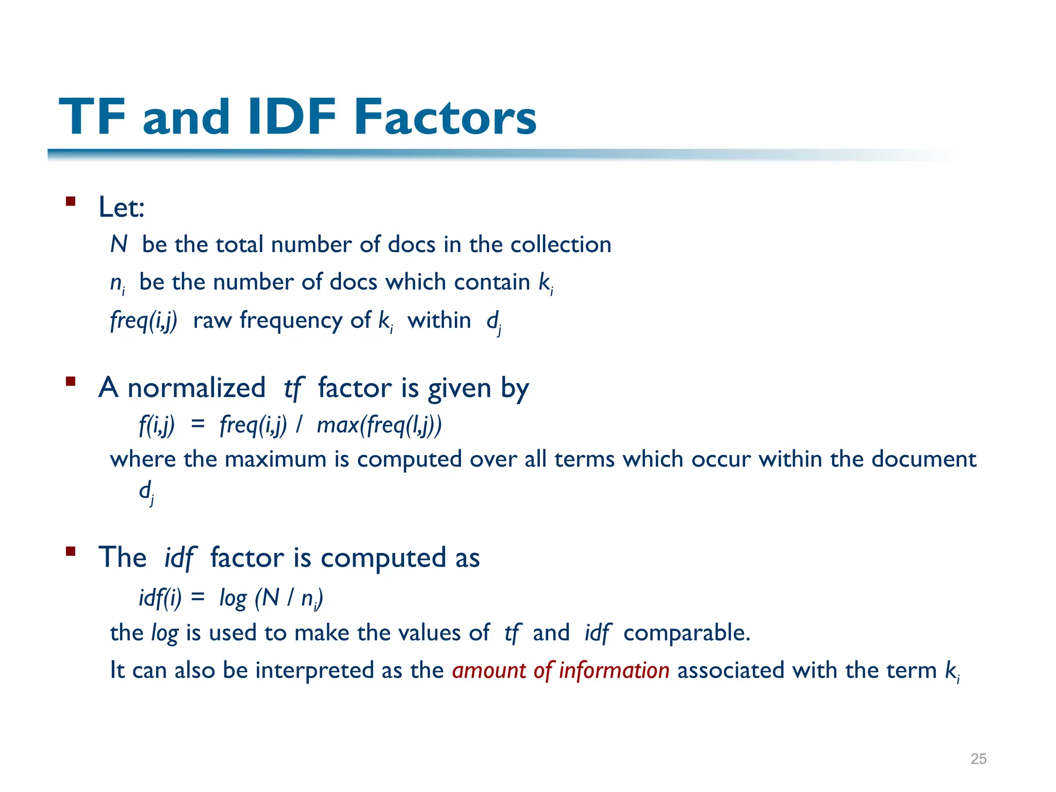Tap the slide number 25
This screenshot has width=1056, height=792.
978,758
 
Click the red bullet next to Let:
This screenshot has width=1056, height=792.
71,201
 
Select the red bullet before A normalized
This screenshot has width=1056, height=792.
71,382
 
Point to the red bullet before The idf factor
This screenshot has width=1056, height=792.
71,551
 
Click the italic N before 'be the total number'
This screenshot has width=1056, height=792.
119,244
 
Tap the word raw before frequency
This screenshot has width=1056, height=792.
212,320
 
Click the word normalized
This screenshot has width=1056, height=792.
196,388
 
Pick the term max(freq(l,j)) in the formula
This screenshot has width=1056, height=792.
379,425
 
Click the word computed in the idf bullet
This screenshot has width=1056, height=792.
383,558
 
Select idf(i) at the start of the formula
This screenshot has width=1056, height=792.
160,598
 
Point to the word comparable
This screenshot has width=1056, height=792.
686,633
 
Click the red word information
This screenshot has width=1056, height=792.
614,670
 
